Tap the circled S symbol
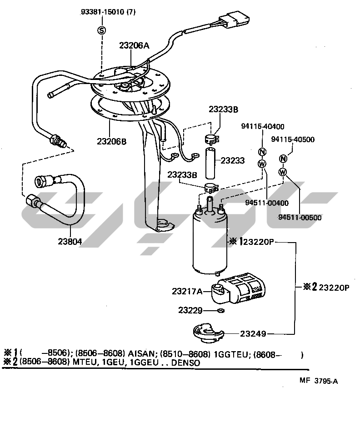pyautogui.click(x=101, y=30)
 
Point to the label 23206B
pyautogui.click(x=111, y=141)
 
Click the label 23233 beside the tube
pyautogui.click(x=233, y=160)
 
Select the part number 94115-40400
pyautogui.click(x=263, y=127)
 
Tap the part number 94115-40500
pyautogui.click(x=293, y=139)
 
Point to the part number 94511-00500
pyautogui.click(x=300, y=217)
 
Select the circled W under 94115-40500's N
pyautogui.click(x=283, y=172)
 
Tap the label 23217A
pyautogui.click(x=187, y=291)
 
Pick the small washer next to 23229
pyautogui.click(x=221, y=311)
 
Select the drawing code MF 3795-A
pyautogui.click(x=318, y=381)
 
